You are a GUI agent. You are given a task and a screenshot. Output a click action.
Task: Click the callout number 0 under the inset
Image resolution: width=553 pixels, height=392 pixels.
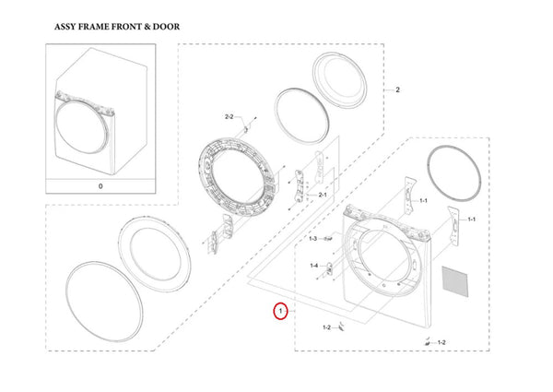point(101,185)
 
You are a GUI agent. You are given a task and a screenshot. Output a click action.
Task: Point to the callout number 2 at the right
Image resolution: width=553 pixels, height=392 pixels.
point(397,90)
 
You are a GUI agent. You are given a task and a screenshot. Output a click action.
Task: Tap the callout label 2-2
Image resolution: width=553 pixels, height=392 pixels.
point(229,116)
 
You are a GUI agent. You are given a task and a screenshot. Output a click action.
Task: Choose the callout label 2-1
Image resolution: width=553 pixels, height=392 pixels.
point(323,196)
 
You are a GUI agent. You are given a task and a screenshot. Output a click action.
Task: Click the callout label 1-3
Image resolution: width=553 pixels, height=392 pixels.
point(312,239)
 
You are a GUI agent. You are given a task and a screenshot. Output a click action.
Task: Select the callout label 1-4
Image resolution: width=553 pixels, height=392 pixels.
point(312,266)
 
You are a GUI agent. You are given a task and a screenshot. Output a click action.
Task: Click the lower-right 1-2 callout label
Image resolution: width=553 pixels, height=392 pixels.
point(441,343)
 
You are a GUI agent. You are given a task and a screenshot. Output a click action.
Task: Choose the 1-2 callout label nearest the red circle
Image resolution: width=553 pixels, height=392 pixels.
point(326,327)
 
